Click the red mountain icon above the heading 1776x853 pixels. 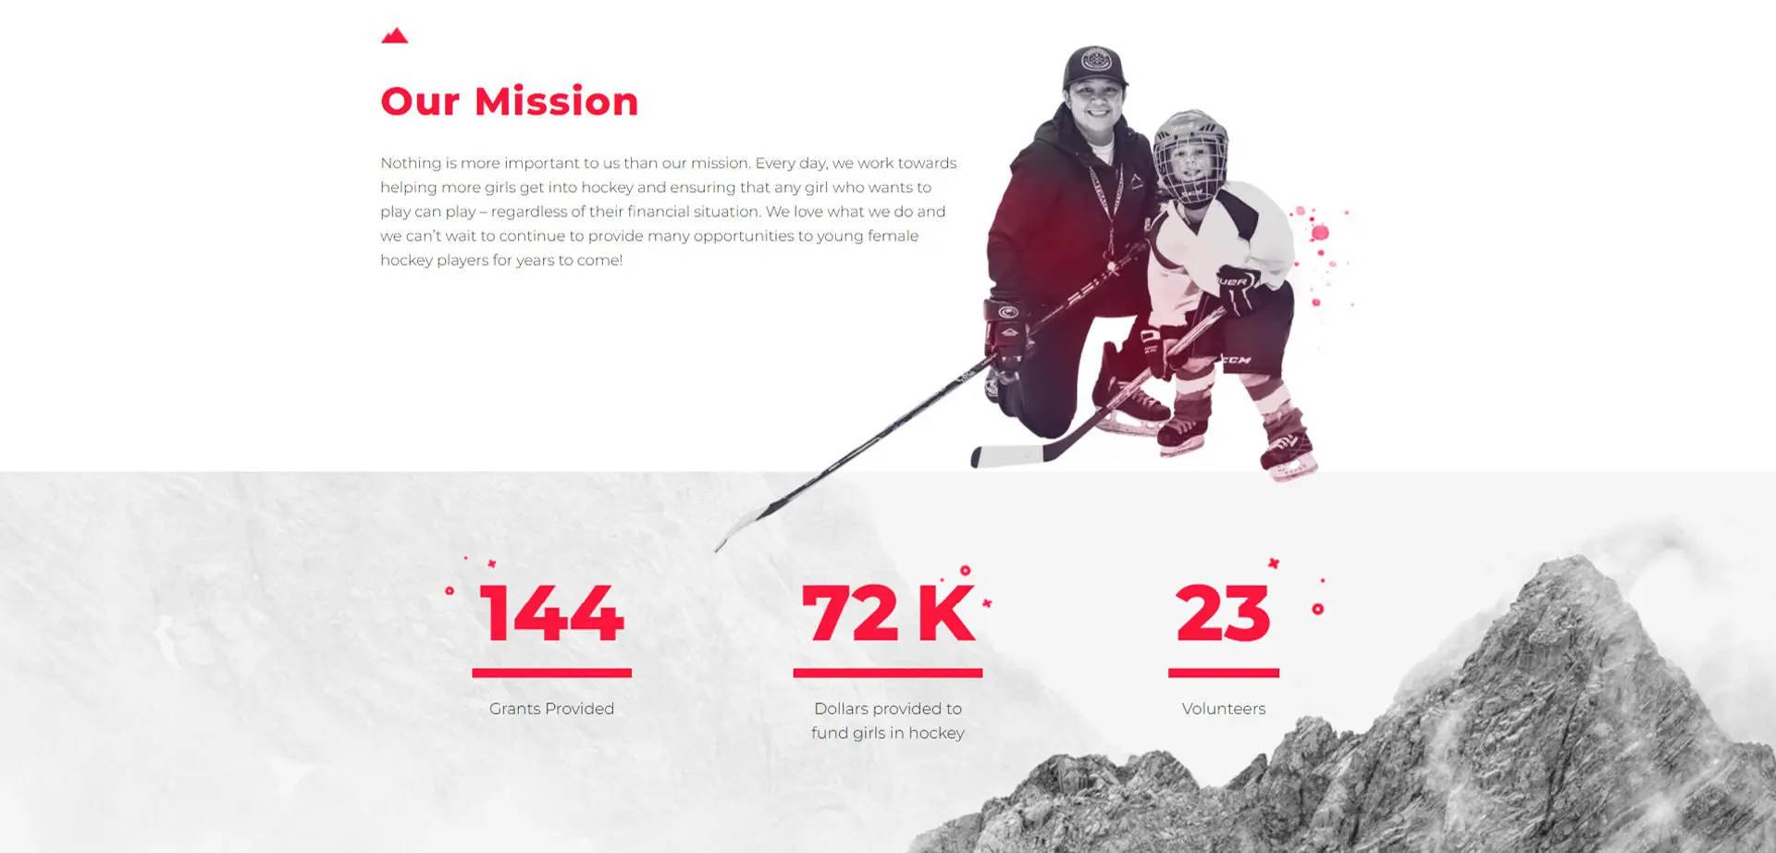coord(395,36)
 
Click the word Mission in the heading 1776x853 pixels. coord(556,101)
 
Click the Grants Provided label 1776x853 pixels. coord(551,709)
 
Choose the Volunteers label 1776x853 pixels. coord(1224,709)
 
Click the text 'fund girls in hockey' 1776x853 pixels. coord(888,733)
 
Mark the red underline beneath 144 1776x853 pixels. coord(552,673)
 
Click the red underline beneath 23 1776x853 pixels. coord(1224,673)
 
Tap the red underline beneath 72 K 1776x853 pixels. coord(888,673)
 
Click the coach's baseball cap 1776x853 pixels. coord(1095,67)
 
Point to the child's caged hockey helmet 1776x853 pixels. coord(1191,155)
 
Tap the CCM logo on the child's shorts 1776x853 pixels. coord(1236,360)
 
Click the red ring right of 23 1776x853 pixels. coord(1318,609)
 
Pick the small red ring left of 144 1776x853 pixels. coord(450,590)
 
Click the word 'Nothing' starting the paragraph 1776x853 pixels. coord(411,163)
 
